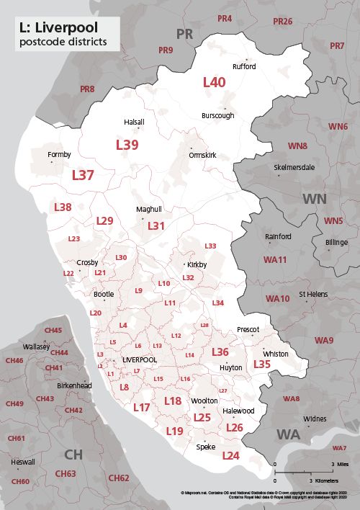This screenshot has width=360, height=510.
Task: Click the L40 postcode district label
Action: click(x=214, y=82)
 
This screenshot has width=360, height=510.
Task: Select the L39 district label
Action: click(x=127, y=145)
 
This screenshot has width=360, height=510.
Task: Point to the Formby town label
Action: click(x=59, y=154)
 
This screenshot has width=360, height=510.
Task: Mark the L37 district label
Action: click(x=83, y=175)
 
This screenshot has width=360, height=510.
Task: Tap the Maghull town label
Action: click(x=149, y=210)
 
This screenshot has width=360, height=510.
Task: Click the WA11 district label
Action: click(x=275, y=259)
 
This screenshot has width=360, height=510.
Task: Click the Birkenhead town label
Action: click(x=75, y=385)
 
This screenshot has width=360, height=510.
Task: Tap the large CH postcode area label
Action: click(x=73, y=454)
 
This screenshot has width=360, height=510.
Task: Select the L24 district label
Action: click(x=230, y=456)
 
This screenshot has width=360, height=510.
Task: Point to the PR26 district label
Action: click(x=283, y=22)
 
